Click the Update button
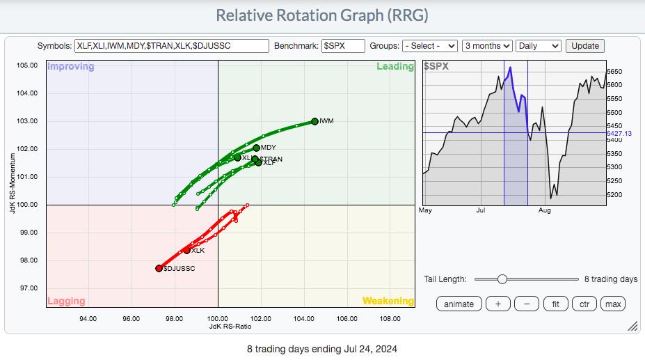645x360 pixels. click(x=585, y=46)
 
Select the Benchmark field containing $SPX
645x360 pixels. click(x=344, y=46)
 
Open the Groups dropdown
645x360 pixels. click(x=429, y=46)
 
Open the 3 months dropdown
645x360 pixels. click(x=487, y=46)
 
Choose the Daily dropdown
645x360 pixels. click(x=538, y=46)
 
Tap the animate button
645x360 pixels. click(x=459, y=304)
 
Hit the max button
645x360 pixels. click(x=613, y=304)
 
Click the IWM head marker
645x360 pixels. click(x=314, y=121)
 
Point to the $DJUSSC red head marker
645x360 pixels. click(x=159, y=268)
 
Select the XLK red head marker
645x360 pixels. click(x=186, y=250)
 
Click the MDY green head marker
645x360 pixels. click(x=256, y=148)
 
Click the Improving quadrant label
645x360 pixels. click(x=70, y=67)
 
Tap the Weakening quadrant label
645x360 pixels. click(x=388, y=302)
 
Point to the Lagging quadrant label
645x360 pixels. click(x=66, y=302)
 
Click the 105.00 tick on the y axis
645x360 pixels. click(x=27, y=65)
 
